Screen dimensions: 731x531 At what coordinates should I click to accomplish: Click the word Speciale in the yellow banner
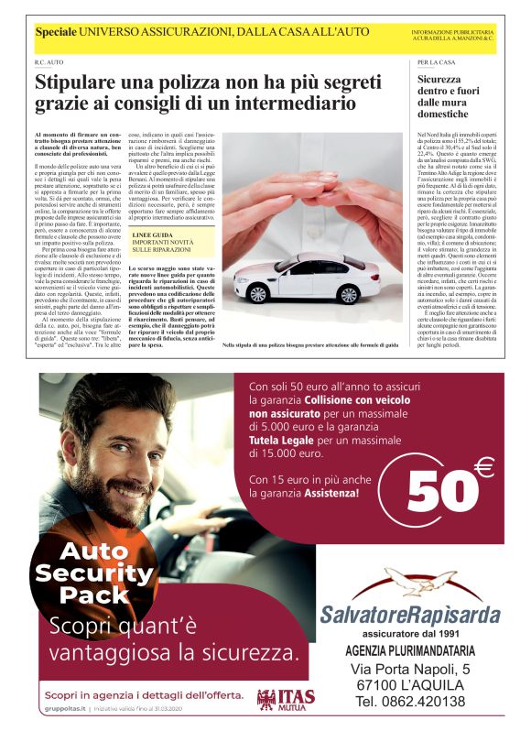(x=56, y=33)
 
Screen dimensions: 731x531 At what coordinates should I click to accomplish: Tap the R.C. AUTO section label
(x=49, y=62)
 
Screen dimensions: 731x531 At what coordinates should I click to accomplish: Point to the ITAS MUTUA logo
(x=279, y=700)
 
